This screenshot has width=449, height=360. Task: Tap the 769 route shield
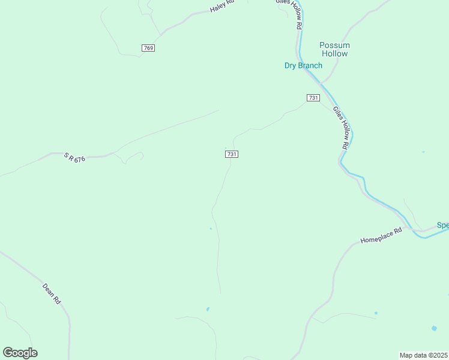(x=148, y=48)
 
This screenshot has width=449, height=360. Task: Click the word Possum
(x=334, y=45)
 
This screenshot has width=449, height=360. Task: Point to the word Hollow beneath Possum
(x=334, y=53)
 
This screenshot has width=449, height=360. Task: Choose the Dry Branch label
(x=303, y=65)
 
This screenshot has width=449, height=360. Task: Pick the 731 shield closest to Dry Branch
(x=312, y=98)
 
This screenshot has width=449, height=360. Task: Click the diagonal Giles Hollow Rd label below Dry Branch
(x=341, y=128)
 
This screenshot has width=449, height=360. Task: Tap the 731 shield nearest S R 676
(x=232, y=154)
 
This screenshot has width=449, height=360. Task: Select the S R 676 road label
(x=76, y=157)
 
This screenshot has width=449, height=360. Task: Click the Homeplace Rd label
(x=381, y=235)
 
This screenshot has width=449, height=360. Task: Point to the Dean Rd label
(x=52, y=292)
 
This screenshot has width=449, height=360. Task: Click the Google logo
(x=20, y=353)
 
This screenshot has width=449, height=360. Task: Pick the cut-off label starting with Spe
(x=442, y=226)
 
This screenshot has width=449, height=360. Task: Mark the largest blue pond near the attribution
(x=433, y=328)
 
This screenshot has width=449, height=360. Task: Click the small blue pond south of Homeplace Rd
(x=376, y=313)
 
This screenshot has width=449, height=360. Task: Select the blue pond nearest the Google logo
(x=208, y=309)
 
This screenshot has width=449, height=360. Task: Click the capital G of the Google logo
(x=7, y=353)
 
